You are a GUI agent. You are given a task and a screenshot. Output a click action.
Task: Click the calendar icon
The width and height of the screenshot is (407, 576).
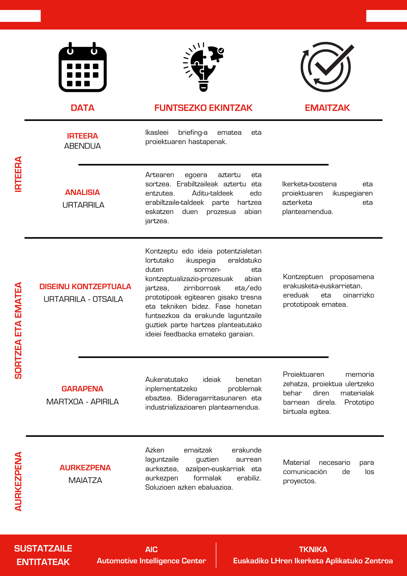pos(83,67)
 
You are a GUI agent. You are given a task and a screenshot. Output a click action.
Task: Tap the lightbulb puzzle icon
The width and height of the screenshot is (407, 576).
pos(203,67)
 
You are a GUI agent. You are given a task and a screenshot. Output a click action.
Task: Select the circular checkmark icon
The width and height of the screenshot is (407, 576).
pos(327,67)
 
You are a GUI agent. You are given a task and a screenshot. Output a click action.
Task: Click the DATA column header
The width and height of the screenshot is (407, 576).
pos(83,108)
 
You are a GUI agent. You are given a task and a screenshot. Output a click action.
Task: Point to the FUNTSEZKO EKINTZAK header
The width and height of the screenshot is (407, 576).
pos(203,108)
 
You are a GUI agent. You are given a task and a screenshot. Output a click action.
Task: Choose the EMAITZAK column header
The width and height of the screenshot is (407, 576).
pos(327,108)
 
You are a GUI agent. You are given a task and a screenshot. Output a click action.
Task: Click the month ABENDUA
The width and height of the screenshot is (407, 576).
pos(83,146)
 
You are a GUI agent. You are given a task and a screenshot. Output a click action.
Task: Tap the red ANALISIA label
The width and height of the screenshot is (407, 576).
pos(83,192)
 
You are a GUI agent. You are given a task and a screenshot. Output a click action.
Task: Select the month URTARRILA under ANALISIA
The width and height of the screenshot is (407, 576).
pos(83,205)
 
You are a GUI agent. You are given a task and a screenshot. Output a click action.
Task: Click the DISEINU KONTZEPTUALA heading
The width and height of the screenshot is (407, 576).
pos(85,287)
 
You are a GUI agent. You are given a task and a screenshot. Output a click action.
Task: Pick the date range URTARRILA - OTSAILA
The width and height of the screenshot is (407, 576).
pos(83,299)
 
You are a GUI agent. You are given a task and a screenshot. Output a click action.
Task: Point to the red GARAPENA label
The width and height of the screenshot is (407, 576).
pos(83,389)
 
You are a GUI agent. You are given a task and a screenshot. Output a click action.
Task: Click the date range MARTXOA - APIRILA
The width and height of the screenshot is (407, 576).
pos(83,401)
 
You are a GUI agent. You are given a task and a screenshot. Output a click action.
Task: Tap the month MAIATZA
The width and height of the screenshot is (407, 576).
pos(85,480)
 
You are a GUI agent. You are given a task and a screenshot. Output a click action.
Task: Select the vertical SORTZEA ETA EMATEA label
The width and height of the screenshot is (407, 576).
pos(18,330)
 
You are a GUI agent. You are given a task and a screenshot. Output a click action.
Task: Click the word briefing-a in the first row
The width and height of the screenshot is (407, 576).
pos(193,132)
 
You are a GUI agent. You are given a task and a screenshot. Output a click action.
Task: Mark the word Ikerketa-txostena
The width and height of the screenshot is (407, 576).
pos(309,184)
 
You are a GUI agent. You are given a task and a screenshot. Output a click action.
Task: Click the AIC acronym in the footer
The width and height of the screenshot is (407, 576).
pos(151,550)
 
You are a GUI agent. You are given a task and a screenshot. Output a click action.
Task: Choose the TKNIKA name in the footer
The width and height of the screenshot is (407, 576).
pos(313,550)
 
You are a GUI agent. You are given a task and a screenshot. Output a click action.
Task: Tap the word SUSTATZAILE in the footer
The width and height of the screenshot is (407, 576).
pos(43,549)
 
